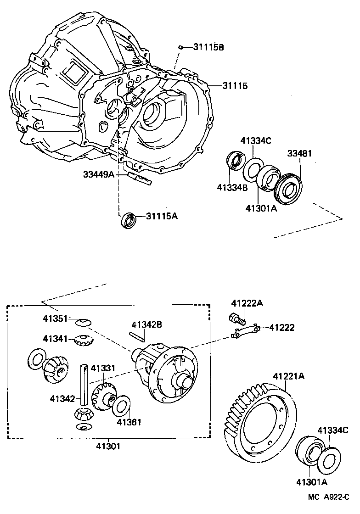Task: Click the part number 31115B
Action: click(x=208, y=47)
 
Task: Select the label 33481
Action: click(x=299, y=153)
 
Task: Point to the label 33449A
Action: click(x=99, y=174)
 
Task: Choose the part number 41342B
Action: click(x=146, y=325)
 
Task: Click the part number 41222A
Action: click(x=247, y=303)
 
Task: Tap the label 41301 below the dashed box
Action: click(x=108, y=445)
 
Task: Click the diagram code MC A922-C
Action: click(x=329, y=497)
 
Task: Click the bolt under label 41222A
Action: click(x=236, y=318)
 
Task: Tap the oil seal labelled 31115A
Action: click(x=128, y=220)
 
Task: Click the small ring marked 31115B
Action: click(x=182, y=47)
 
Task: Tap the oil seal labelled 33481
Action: click(x=288, y=188)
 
